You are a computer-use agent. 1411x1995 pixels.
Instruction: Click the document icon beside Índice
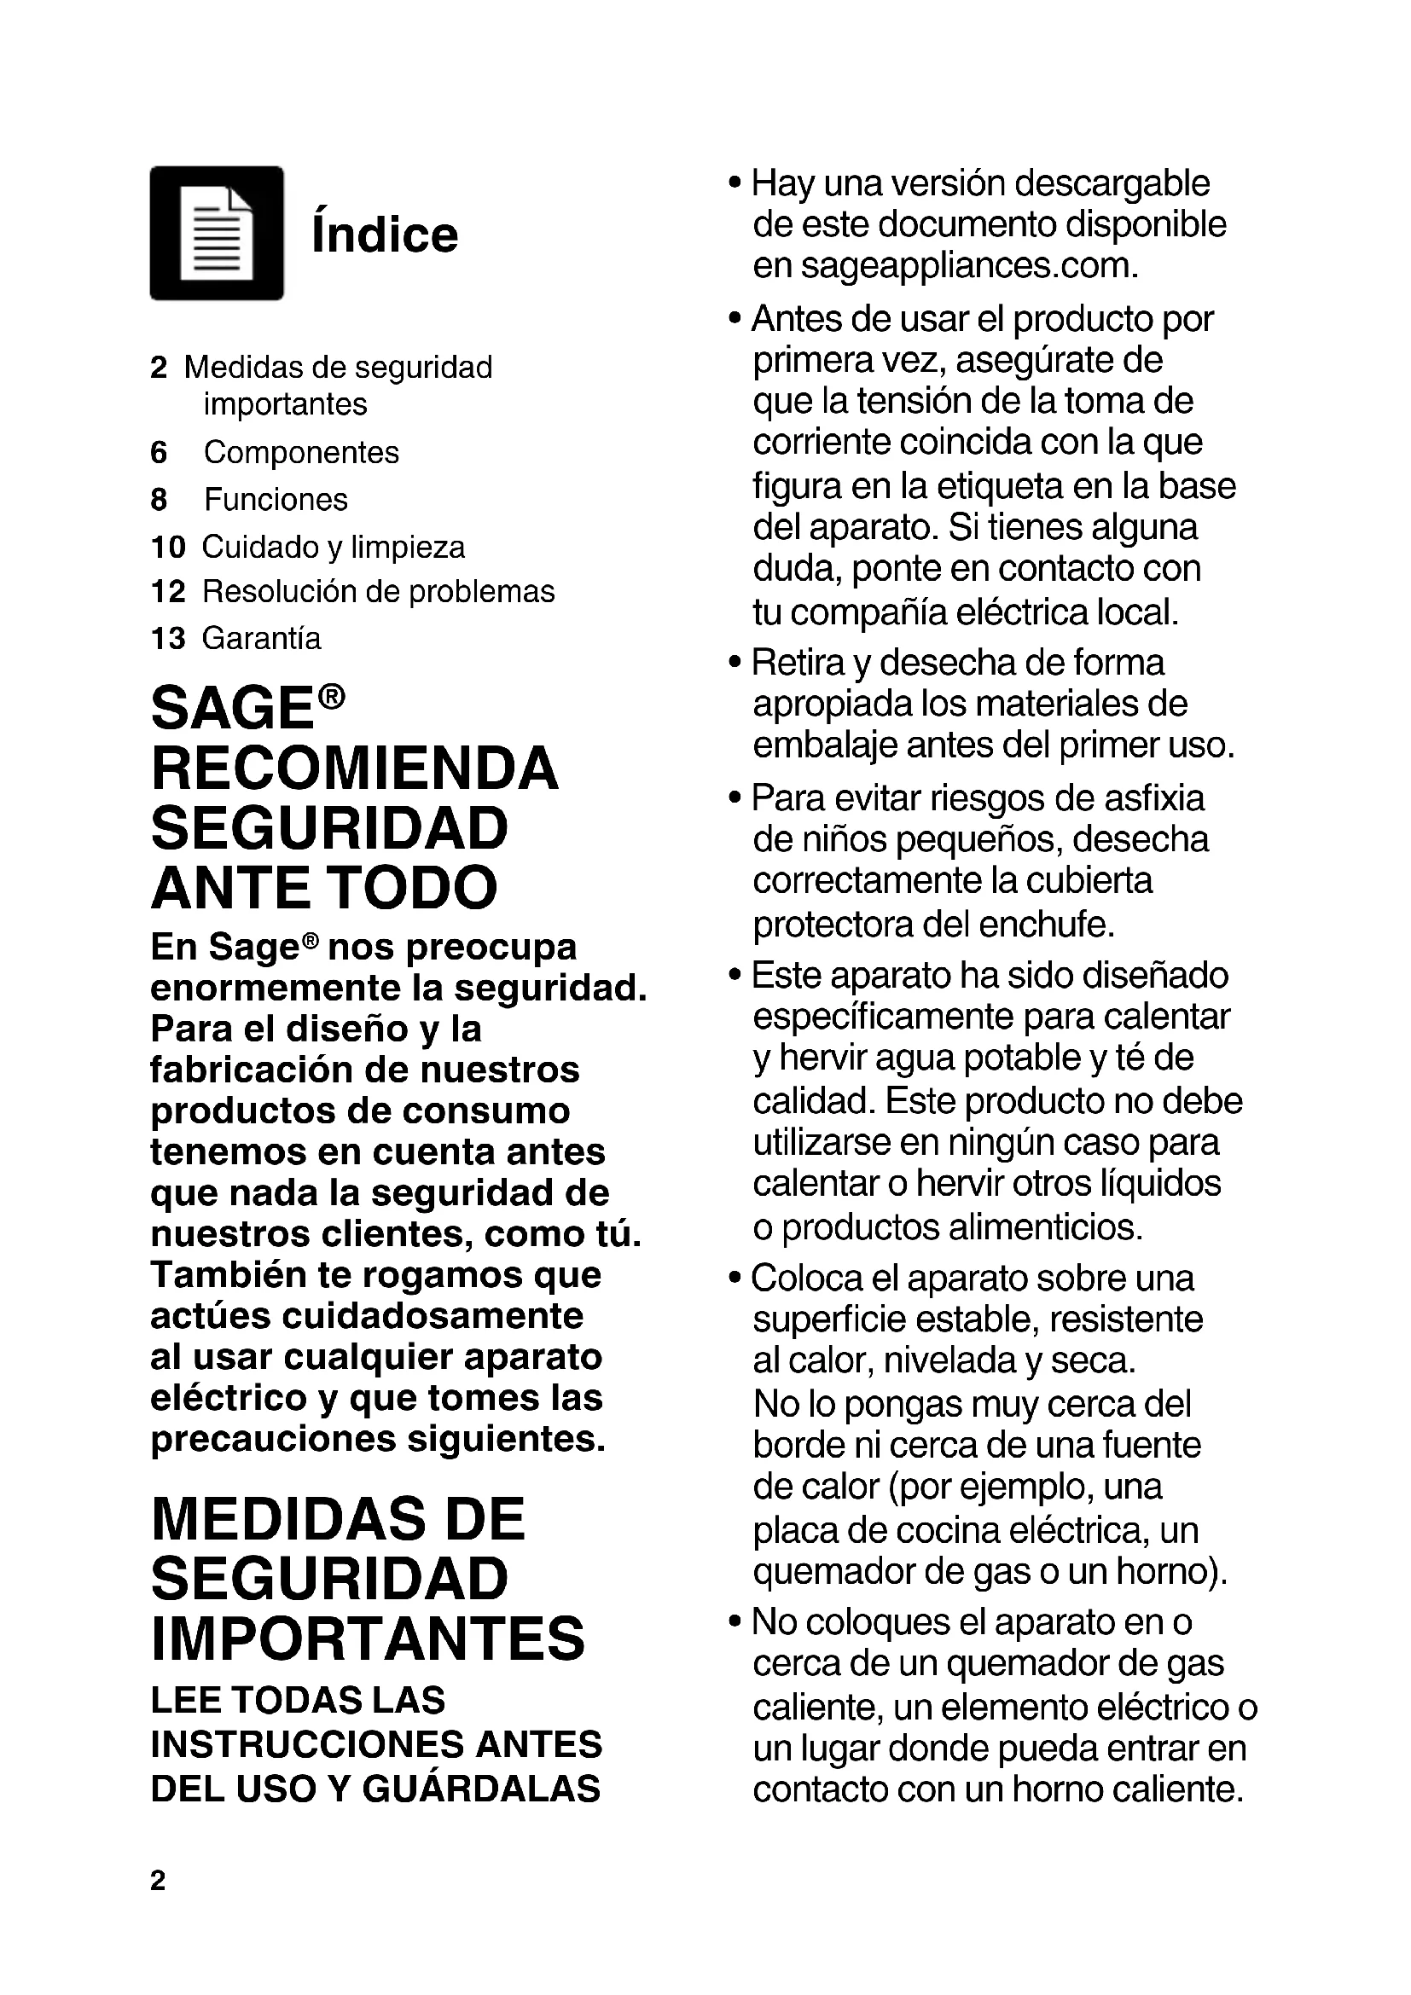pyautogui.click(x=217, y=233)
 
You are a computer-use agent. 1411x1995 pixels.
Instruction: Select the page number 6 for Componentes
pyautogui.click(x=158, y=453)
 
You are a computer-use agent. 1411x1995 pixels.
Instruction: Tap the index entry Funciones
pyautogui.click(x=276, y=500)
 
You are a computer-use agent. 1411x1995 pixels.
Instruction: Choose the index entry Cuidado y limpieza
pyautogui.click(x=333, y=548)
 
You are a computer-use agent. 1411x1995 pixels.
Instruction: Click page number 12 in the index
pyautogui.click(x=168, y=592)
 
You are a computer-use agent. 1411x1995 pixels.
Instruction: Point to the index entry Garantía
pyautogui.click(x=261, y=639)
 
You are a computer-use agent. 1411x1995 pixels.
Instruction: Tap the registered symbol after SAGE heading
pyautogui.click(x=331, y=696)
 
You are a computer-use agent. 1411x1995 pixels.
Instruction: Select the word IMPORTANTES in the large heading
pyautogui.click(x=369, y=1638)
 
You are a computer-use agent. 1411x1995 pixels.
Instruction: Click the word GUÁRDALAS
pyautogui.click(x=480, y=1789)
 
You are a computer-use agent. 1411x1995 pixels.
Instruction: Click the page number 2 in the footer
pyautogui.click(x=157, y=1881)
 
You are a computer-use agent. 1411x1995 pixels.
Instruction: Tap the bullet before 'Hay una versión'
pyautogui.click(x=735, y=184)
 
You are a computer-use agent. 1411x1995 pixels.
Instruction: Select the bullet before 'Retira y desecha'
pyautogui.click(x=735, y=664)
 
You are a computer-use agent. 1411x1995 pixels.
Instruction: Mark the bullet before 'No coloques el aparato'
pyautogui.click(x=735, y=1622)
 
